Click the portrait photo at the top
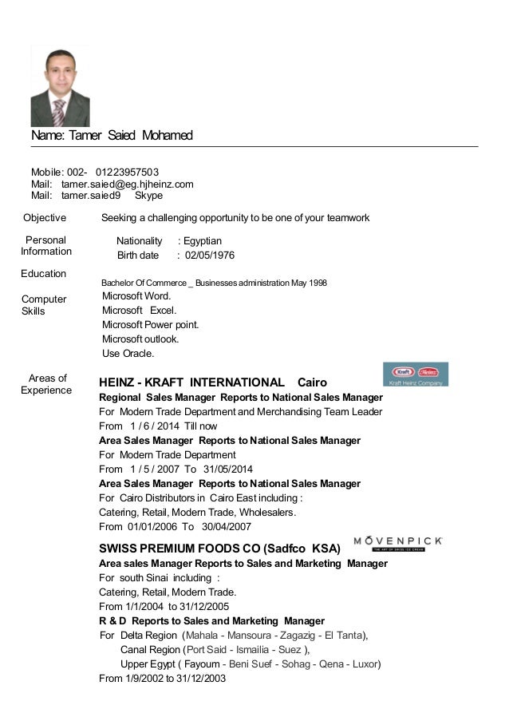(60, 85)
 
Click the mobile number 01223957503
(127, 172)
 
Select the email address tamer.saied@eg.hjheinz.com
(128, 184)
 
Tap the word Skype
(149, 195)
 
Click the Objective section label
(45, 218)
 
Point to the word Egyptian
(203, 240)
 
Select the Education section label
(44, 274)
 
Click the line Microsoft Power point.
(151, 325)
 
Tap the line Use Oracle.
(128, 354)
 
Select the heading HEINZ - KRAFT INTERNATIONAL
(191, 382)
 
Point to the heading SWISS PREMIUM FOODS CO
(183, 549)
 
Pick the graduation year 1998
(316, 283)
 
